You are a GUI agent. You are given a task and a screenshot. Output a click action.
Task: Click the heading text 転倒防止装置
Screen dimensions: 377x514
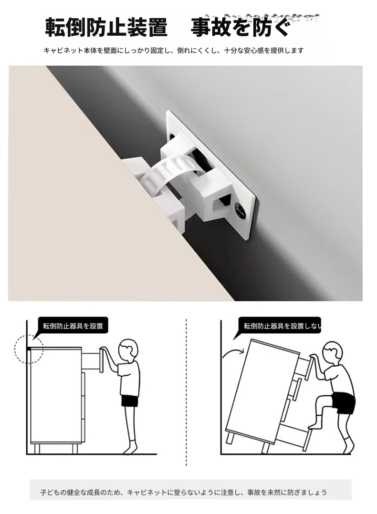pos(106,27)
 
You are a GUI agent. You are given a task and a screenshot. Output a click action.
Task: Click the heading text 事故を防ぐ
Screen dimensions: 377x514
pos(241,27)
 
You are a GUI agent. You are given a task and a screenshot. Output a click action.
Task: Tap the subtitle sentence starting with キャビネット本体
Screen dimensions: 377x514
pos(174,51)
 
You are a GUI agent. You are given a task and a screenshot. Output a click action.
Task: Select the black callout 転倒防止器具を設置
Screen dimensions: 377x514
pos(73,326)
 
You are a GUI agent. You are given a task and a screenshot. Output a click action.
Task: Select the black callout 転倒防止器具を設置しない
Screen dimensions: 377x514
pos(280,326)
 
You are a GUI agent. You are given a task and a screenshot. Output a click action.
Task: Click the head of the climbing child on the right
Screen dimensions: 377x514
pos(332,353)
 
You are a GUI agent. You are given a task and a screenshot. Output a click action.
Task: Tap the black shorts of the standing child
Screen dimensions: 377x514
pos(130,401)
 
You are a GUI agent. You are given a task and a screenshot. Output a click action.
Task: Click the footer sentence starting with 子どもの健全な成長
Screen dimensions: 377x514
pos(183,492)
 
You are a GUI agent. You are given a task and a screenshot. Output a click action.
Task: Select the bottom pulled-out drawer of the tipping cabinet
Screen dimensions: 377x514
pos(293,435)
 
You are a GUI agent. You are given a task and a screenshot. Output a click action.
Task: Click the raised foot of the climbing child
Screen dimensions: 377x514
pos(314,425)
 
